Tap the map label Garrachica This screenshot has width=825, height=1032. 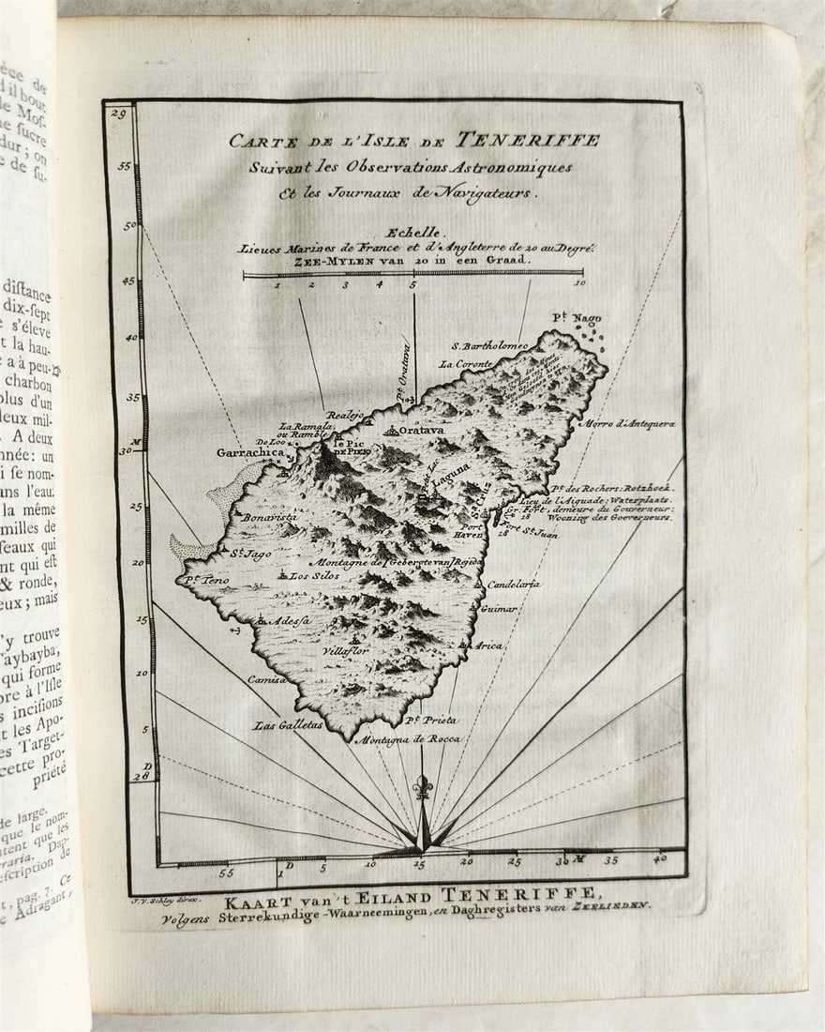click(x=249, y=452)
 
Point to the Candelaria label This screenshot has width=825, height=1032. click(x=514, y=584)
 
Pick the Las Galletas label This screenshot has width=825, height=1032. click(x=288, y=724)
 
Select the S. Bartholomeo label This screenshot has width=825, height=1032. click(x=489, y=345)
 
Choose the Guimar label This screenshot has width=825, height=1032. click(x=499, y=609)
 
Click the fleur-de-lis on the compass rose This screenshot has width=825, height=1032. click(x=423, y=786)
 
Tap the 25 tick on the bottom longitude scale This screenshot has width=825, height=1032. click(x=514, y=859)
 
